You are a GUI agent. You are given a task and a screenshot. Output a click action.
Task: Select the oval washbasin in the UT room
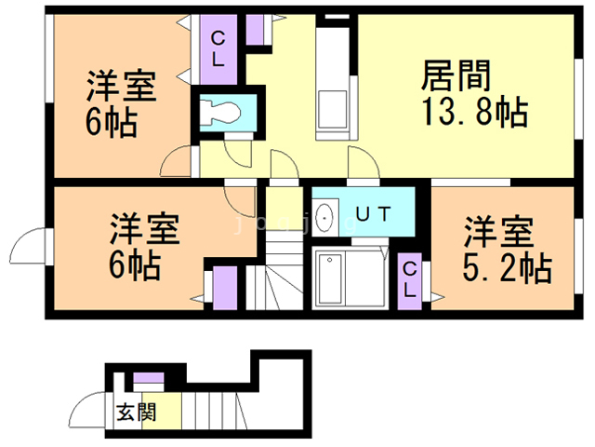[325, 219]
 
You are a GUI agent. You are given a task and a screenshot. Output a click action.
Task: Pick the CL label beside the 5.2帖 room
[410, 278]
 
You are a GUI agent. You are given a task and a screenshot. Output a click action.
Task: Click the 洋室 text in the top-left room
[121, 87]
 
